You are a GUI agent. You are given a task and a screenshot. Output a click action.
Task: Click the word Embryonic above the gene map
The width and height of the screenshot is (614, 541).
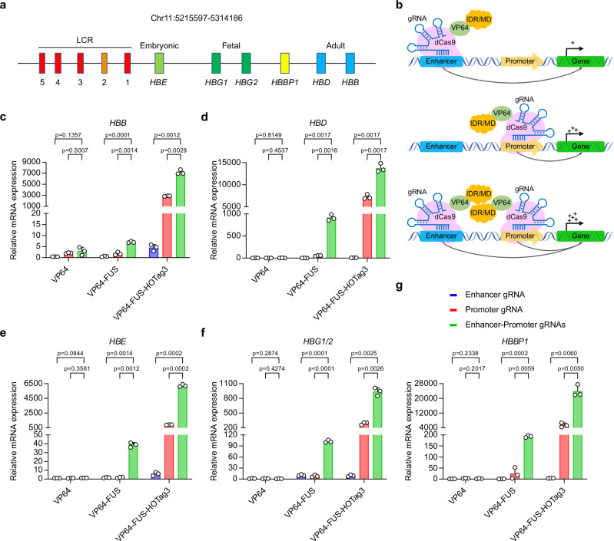click(160, 35)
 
